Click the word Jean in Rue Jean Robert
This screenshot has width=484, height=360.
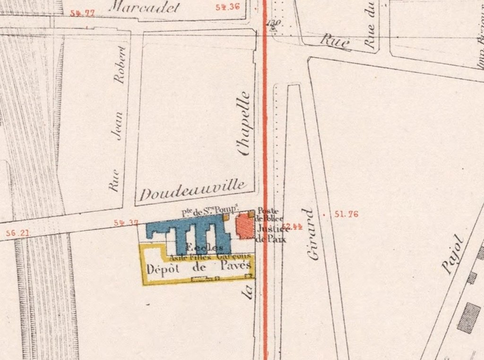118,127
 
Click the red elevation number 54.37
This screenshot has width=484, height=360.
126,223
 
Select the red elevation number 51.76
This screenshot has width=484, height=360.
346,214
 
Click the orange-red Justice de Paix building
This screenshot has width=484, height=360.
244,226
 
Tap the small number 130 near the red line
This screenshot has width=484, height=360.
273,23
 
